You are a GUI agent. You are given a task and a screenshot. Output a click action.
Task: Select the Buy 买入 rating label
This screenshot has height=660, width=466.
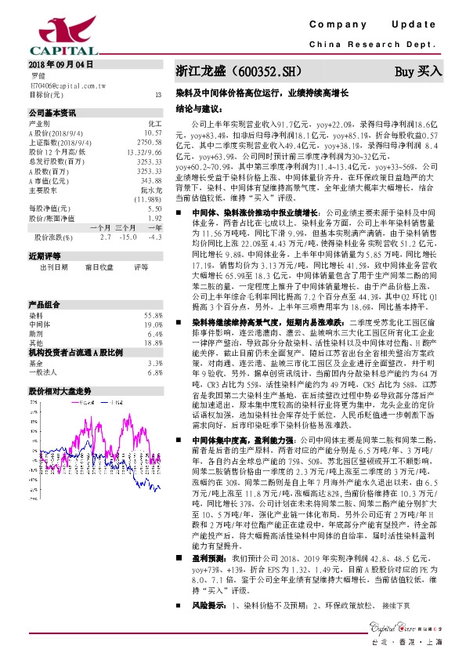[418, 71]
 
